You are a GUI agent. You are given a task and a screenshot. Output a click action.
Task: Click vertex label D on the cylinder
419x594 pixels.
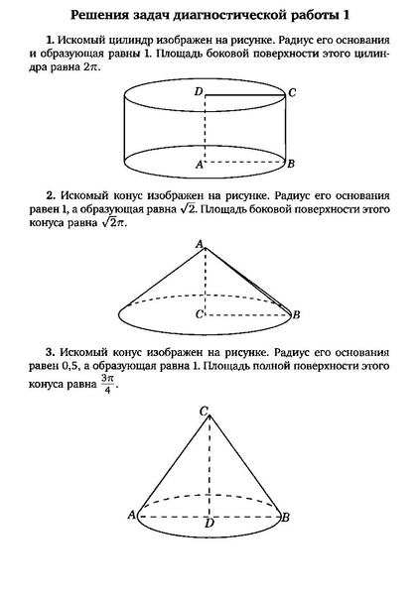click(x=199, y=92)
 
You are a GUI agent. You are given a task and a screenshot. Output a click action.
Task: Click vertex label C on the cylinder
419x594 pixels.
click(x=292, y=93)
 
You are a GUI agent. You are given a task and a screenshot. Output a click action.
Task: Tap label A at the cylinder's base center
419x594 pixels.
click(x=199, y=166)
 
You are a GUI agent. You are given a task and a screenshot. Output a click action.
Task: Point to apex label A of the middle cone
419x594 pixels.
click(x=200, y=244)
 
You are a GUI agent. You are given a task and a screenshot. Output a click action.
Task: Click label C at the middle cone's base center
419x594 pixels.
click(x=200, y=314)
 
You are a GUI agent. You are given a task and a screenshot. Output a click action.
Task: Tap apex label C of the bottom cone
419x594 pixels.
click(x=204, y=411)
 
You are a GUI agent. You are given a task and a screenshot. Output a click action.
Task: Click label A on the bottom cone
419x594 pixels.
click(x=131, y=515)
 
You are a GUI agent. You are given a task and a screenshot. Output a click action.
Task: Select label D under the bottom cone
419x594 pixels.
click(x=208, y=524)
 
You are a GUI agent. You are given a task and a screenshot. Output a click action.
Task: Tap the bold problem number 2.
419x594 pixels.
click(x=50, y=195)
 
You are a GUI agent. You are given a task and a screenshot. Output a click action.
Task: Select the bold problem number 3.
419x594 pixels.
click(x=50, y=352)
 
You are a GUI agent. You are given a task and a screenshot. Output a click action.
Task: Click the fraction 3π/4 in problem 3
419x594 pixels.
click(x=108, y=383)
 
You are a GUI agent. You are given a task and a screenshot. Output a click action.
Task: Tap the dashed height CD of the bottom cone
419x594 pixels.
click(x=208, y=466)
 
